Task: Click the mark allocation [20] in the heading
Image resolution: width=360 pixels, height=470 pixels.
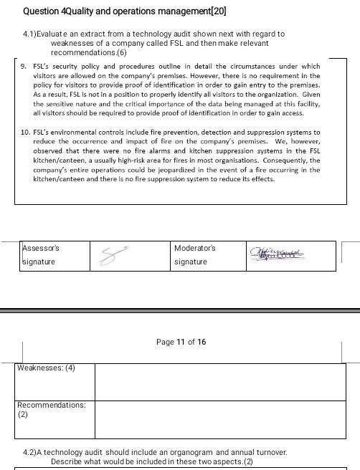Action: (x=217, y=11)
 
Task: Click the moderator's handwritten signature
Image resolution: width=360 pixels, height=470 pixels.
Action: (x=277, y=254)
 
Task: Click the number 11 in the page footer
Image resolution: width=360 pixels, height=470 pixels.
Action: (x=181, y=342)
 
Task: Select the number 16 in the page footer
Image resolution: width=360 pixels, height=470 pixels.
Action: (x=202, y=342)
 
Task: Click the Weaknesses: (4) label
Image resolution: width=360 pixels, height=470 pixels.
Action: (x=46, y=368)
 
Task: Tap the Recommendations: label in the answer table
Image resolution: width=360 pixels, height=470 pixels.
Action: (x=52, y=405)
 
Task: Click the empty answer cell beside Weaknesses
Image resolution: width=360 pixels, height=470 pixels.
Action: (x=219, y=381)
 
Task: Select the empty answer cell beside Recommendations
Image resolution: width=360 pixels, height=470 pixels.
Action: (x=219, y=418)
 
